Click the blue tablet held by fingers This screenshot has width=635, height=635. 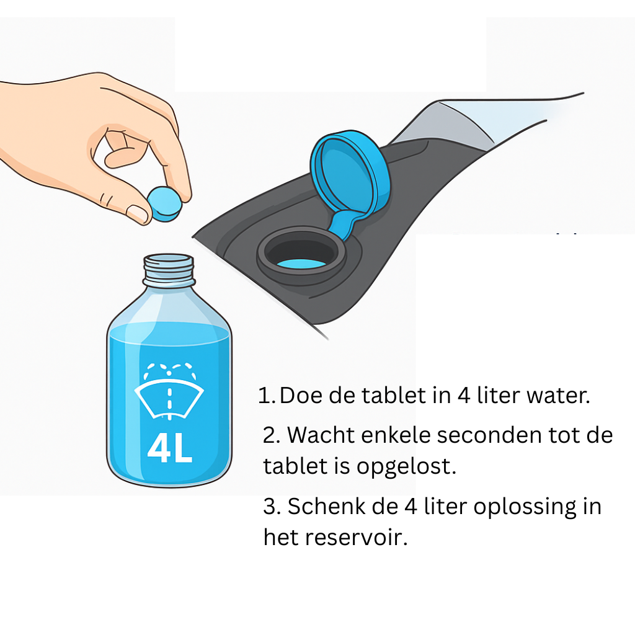click(164, 204)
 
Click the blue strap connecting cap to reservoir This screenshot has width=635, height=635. click(342, 224)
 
